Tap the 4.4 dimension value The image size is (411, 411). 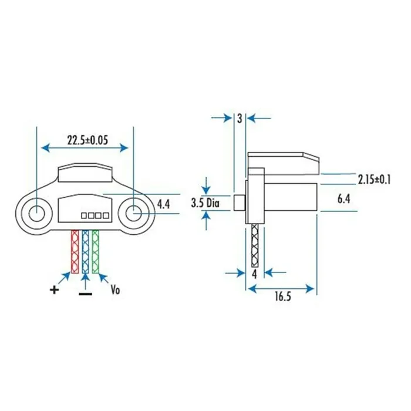164,204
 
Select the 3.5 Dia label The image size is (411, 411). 206,204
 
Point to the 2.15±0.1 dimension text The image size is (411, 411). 374,178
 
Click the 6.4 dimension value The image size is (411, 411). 344,200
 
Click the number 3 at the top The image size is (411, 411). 240,118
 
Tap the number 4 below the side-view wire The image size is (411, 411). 254,274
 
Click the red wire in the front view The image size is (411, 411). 75,251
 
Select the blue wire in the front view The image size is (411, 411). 85,251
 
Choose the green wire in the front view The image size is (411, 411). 96,251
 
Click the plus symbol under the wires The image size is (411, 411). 55,289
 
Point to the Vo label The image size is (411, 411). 116,289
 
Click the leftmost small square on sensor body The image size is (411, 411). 84,215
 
